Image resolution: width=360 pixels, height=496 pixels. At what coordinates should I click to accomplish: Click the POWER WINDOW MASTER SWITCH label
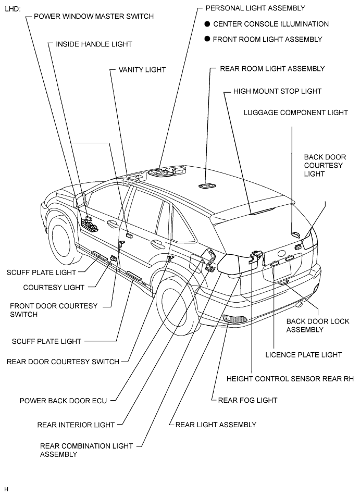pyautogui.click(x=94, y=17)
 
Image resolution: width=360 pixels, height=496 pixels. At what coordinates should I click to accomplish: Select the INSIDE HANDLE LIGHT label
pyautogui.click(x=94, y=44)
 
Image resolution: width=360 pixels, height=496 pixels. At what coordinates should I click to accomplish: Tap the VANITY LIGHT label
pyautogui.click(x=142, y=70)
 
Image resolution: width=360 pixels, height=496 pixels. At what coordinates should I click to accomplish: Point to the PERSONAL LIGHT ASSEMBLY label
pyautogui.click(x=255, y=8)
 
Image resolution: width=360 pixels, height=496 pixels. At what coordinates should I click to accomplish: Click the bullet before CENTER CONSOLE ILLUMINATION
pyautogui.click(x=207, y=24)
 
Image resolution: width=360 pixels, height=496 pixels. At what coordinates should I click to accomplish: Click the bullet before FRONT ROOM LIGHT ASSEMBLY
pyautogui.click(x=207, y=39)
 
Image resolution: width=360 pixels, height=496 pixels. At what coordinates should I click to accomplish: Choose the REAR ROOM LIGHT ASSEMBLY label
pyautogui.click(x=272, y=69)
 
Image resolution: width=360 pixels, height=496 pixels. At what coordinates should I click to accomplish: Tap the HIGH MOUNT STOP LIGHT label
pyautogui.click(x=278, y=91)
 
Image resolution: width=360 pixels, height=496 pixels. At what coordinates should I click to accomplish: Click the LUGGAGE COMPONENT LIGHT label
pyautogui.click(x=296, y=113)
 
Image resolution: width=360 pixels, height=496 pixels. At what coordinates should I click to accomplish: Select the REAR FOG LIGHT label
pyautogui.click(x=247, y=401)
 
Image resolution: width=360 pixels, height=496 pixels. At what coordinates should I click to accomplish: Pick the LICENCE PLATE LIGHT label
pyautogui.click(x=304, y=355)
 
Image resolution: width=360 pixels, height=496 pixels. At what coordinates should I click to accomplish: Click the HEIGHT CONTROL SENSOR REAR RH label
pyautogui.click(x=290, y=379)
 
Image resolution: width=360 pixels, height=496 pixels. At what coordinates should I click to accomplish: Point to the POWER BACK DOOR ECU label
pyautogui.click(x=63, y=401)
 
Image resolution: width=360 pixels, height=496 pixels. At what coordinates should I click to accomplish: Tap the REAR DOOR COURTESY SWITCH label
pyautogui.click(x=63, y=362)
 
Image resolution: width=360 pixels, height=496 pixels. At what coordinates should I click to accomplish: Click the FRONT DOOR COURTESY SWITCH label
pyautogui.click(x=54, y=311)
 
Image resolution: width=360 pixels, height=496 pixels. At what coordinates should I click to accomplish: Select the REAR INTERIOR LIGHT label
pyautogui.click(x=76, y=425)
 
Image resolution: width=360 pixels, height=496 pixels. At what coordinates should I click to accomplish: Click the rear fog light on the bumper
pyautogui.click(x=235, y=319)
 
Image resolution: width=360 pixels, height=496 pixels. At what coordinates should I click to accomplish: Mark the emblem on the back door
pyautogui.click(x=281, y=253)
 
